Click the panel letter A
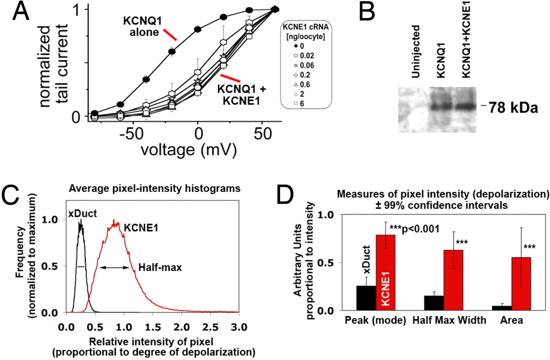(21, 13)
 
